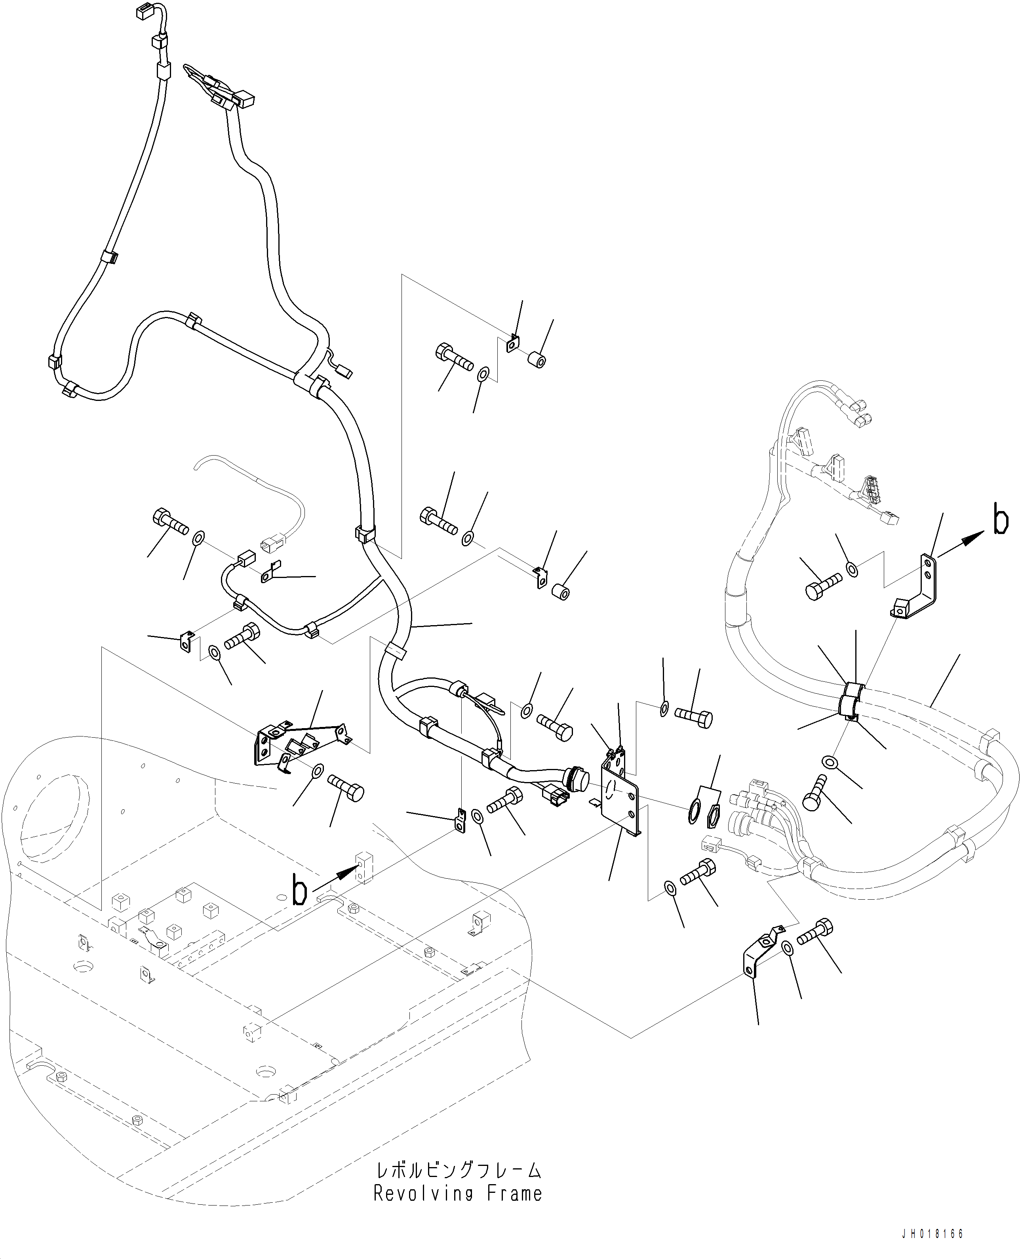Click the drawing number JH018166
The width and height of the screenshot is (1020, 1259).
(932, 1234)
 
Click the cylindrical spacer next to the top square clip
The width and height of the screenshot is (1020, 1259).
(537, 359)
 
